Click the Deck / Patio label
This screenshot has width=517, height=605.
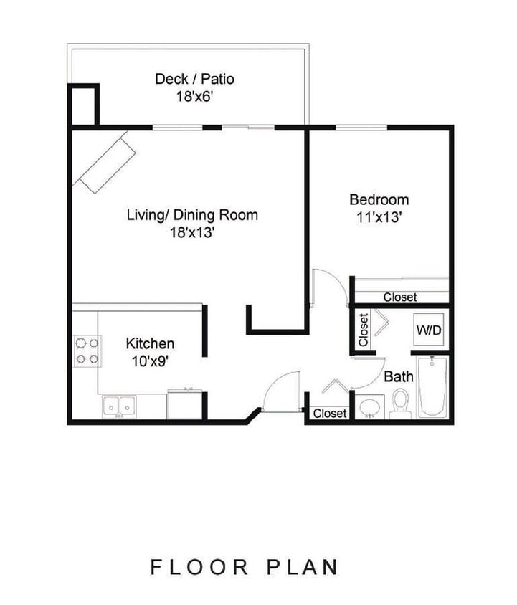(x=194, y=79)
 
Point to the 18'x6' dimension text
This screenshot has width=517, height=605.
(x=194, y=97)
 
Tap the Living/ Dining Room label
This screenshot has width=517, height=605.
(x=192, y=215)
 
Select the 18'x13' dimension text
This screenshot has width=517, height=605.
(x=192, y=233)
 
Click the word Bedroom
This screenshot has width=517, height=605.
(x=379, y=200)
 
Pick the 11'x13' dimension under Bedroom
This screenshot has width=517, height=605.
(x=379, y=218)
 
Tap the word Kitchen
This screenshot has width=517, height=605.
(x=150, y=344)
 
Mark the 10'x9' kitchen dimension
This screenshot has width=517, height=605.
(x=150, y=362)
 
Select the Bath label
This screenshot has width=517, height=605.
(x=398, y=376)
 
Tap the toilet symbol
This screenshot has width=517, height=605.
(x=399, y=403)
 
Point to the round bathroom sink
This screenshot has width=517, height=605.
(x=371, y=407)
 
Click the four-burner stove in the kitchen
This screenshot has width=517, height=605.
(x=86, y=351)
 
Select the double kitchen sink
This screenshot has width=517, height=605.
(x=119, y=406)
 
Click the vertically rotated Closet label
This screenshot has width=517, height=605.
(x=364, y=330)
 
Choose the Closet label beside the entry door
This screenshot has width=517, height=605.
(x=330, y=414)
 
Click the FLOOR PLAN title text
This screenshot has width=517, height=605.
(x=245, y=567)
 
